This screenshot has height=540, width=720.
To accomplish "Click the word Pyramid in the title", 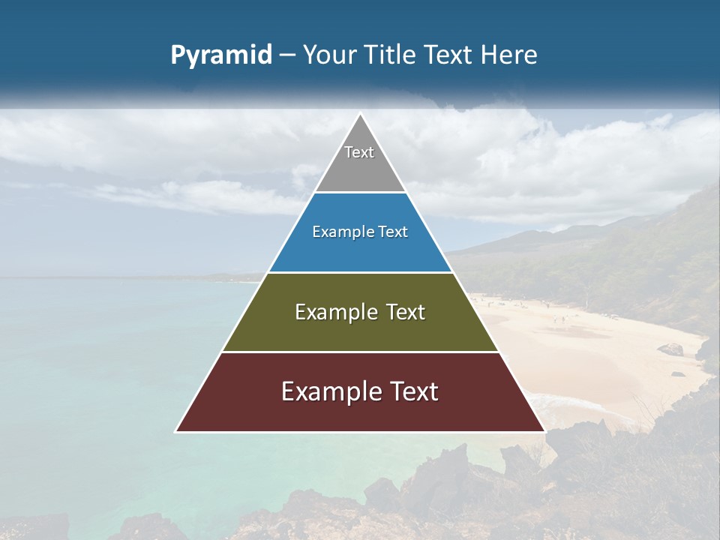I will [221, 55].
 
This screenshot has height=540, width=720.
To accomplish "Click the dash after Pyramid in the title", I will [287, 55].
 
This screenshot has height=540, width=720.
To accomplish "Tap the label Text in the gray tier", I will [359, 152].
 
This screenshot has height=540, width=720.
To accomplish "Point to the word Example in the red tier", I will [330, 391].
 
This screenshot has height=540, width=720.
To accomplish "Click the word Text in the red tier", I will [412, 391].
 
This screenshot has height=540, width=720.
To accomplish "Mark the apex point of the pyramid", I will [360, 114].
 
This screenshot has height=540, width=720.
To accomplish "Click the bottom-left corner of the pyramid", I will [176, 431].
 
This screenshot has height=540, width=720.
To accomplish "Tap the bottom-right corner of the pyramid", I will [544, 431].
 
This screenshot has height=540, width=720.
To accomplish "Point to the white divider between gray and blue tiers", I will [360, 192].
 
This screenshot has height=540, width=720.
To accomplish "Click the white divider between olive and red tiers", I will [360, 352].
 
